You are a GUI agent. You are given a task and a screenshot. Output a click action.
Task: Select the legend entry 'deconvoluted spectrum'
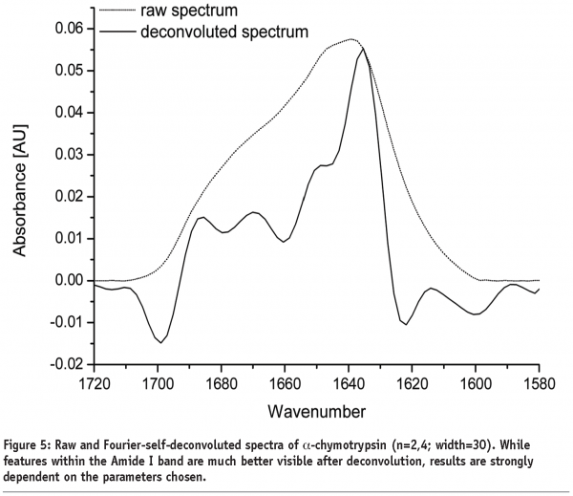click(x=223, y=32)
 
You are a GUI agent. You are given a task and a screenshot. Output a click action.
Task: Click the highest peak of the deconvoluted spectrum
click(x=364, y=48)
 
